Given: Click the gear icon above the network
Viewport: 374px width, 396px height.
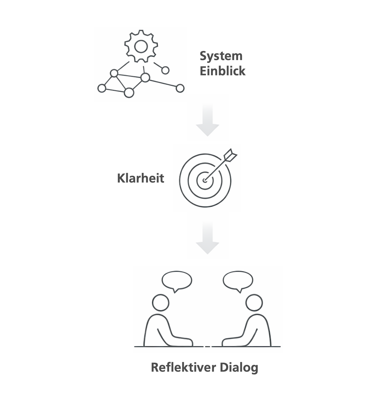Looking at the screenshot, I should pyautogui.click(x=141, y=46).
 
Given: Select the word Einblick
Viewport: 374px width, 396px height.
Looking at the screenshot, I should pyautogui.click(x=222, y=71).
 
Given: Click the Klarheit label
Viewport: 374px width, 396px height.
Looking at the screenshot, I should pyautogui.click(x=140, y=178).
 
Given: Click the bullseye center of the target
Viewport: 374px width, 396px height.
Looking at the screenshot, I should pyautogui.click(x=205, y=180).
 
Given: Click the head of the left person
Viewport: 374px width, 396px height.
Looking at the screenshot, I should pyautogui.click(x=161, y=302).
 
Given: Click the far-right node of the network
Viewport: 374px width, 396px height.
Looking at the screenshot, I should pyautogui.click(x=180, y=88).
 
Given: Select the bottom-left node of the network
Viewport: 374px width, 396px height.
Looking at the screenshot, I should pyautogui.click(x=102, y=88).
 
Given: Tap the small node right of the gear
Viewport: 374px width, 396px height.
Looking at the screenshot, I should pyautogui.click(x=165, y=70).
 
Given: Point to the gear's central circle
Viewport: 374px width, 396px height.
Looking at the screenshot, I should pyautogui.click(x=141, y=47).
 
